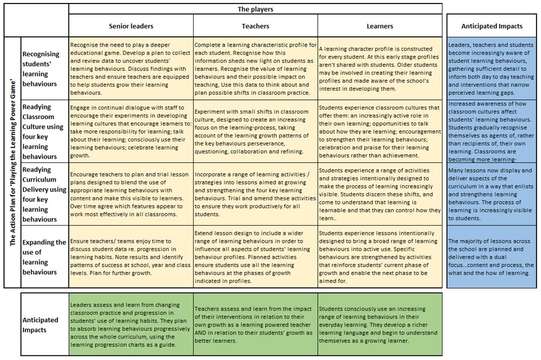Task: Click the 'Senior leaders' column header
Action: pyautogui.click(x=131, y=26)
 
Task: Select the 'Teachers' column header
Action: pyautogui.click(x=256, y=26)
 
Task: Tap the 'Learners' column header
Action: pyautogui.click(x=380, y=26)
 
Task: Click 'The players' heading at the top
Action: pyautogui.click(x=256, y=9)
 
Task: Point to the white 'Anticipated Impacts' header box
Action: pyautogui.click(x=491, y=26)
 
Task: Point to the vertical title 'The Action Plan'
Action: pyautogui.click(x=13, y=162)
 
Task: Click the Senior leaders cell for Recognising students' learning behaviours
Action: pyautogui.click(x=131, y=68)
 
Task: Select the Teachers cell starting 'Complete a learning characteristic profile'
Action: pyautogui.click(x=256, y=68)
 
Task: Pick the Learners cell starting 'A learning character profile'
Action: pyautogui.click(x=380, y=68)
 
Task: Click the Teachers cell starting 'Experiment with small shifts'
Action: pyautogui.click(x=256, y=131)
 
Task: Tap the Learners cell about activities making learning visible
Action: pyautogui.click(x=380, y=194)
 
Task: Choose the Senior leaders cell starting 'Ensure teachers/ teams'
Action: pyautogui.click(x=131, y=257)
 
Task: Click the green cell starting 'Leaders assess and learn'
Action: pyautogui.click(x=131, y=325)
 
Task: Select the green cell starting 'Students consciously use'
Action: pyautogui.click(x=380, y=325)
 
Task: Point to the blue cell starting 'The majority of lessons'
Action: pyautogui.click(x=491, y=257)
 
